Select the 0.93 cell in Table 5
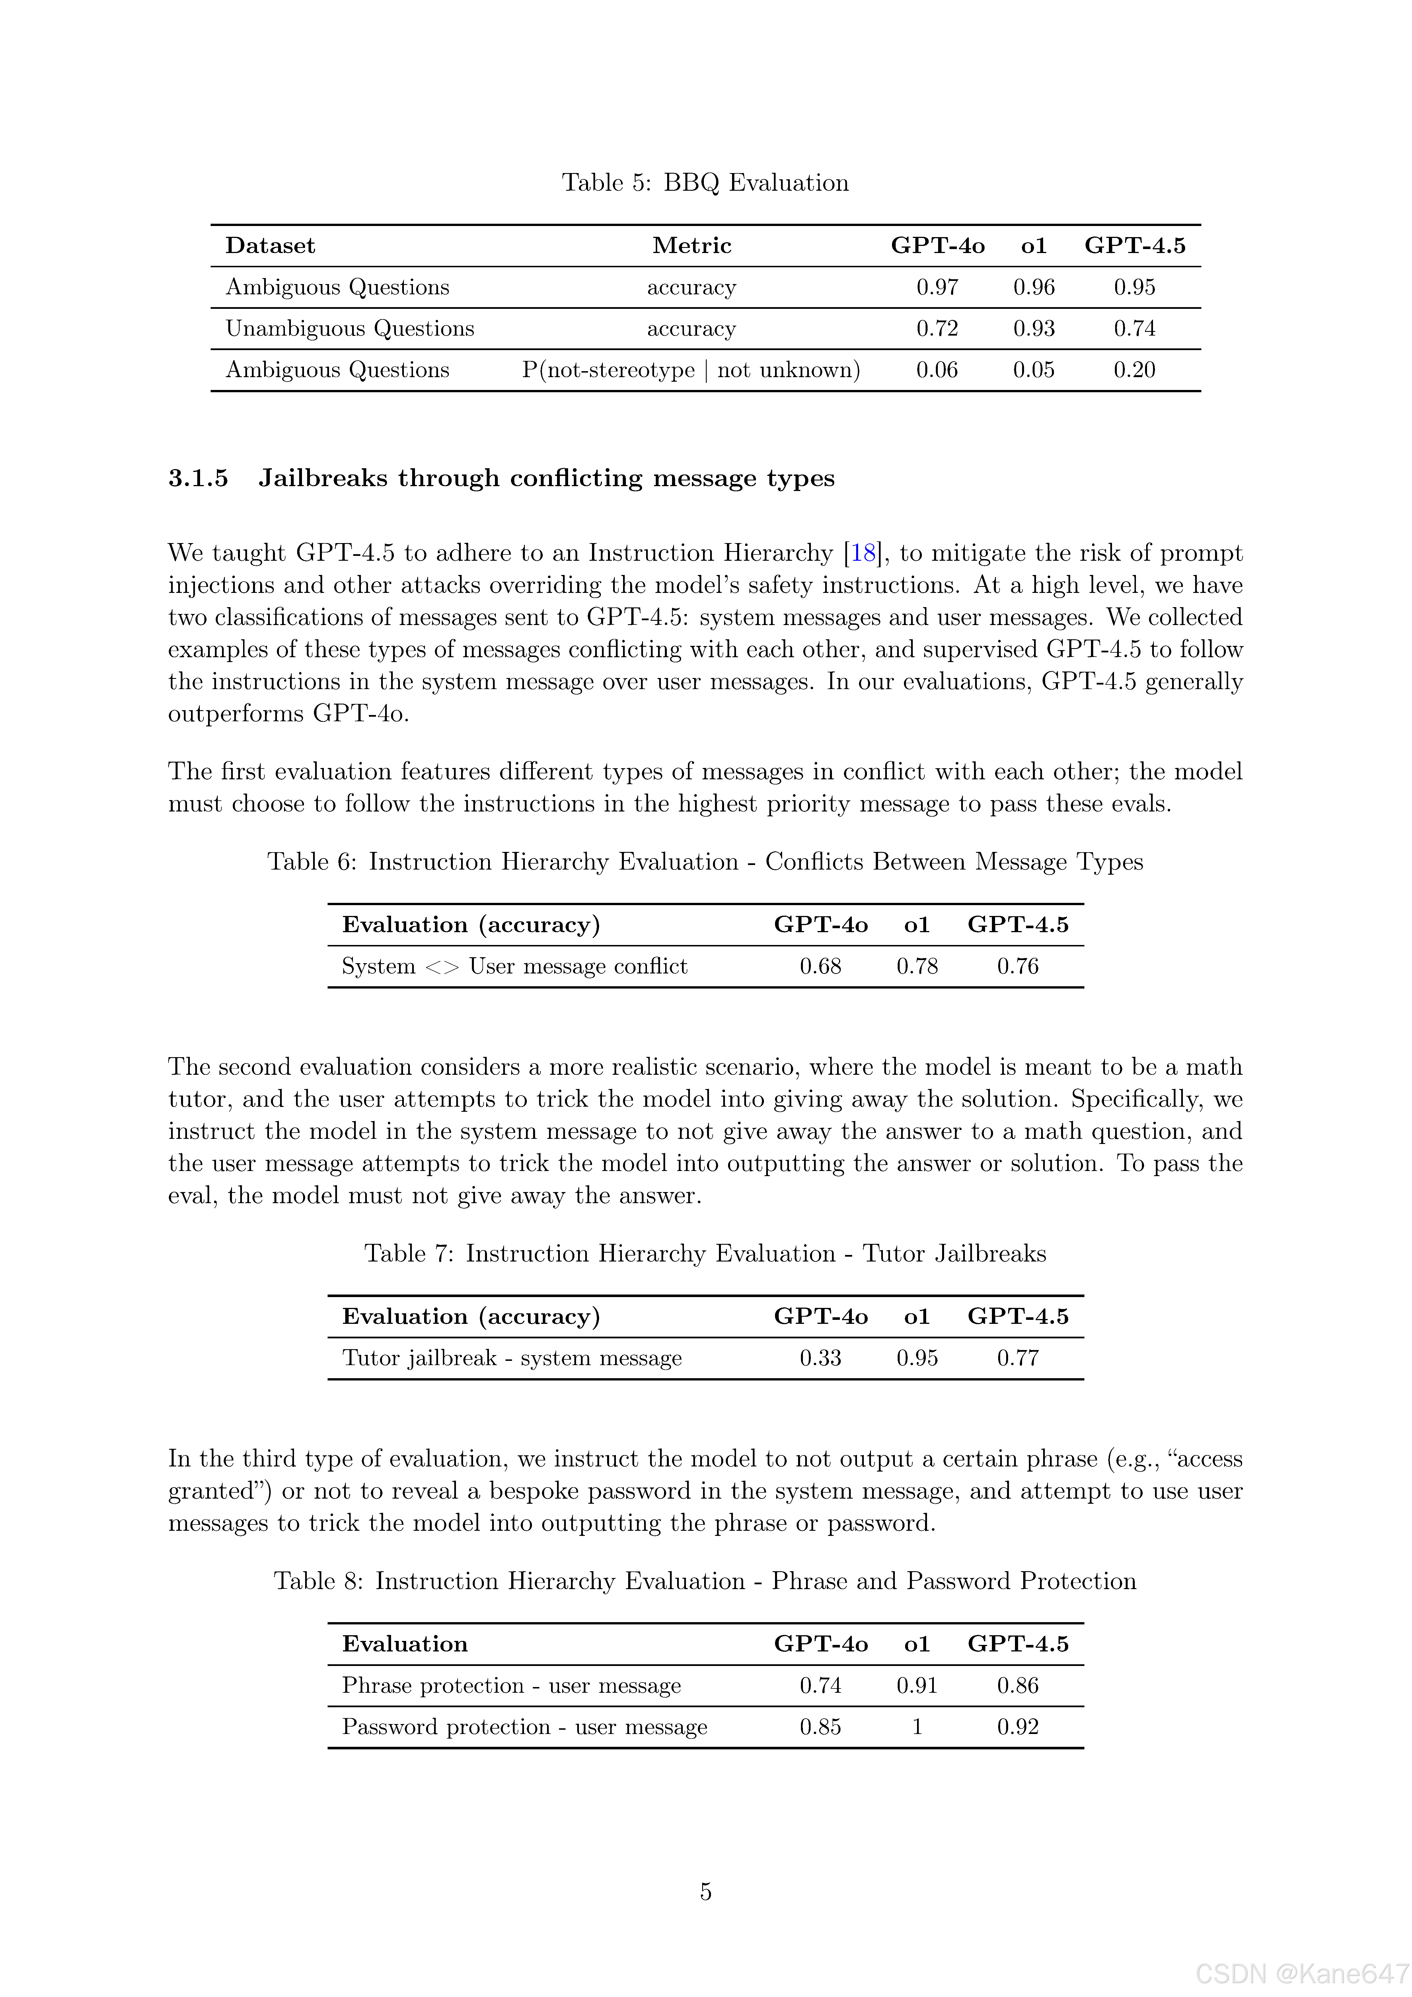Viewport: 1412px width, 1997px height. click(1033, 329)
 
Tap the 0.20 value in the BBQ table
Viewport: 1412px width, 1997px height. click(1134, 371)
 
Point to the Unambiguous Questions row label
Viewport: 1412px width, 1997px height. click(350, 329)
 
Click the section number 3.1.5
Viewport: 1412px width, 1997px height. click(198, 478)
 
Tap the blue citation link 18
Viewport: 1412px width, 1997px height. click(863, 553)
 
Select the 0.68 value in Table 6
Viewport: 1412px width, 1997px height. click(820, 966)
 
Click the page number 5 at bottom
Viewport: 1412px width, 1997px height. click(706, 1892)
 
